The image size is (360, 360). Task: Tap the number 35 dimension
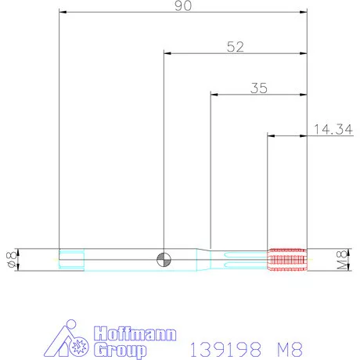(x=259, y=88)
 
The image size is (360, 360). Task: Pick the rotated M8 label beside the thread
(x=341, y=259)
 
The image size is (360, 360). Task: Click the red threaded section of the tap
(x=286, y=259)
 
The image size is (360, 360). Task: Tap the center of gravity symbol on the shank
(x=164, y=259)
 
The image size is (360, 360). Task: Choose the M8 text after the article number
(x=286, y=345)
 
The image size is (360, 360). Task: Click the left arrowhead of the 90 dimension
(x=63, y=13)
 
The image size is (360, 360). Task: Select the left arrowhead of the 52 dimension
(x=167, y=54)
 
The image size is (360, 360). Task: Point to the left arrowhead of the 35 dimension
(x=215, y=95)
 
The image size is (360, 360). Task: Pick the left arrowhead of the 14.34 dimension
(x=272, y=136)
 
